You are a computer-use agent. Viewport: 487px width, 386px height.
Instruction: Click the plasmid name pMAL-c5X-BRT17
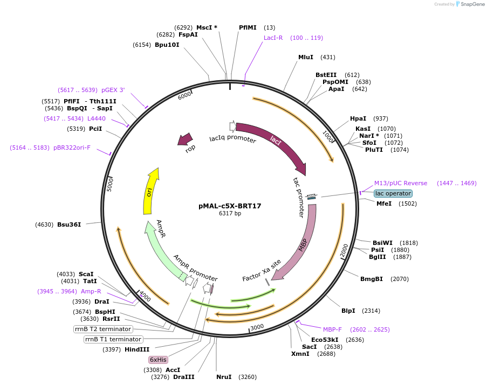230,206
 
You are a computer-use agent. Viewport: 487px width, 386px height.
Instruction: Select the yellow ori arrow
151,191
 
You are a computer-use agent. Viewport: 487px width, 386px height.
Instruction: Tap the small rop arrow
186,140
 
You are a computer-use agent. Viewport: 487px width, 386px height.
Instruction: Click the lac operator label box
393,193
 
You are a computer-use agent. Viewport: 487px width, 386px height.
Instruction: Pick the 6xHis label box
158,360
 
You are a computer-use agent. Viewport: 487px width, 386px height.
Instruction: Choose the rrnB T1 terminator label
113,339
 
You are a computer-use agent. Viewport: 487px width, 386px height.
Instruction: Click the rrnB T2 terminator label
102,329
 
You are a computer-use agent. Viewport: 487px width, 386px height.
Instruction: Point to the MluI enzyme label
306,57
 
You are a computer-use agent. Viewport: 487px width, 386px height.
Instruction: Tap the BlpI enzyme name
348,311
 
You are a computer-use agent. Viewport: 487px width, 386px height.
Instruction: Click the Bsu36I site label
69,224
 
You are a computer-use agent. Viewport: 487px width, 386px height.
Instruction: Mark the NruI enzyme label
224,377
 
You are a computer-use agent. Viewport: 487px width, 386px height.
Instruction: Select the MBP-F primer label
332,329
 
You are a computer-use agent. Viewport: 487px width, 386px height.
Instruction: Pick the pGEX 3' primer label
113,90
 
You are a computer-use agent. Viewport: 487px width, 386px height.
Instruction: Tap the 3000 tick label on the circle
257,327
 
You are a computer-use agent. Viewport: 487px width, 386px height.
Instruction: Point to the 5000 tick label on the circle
109,184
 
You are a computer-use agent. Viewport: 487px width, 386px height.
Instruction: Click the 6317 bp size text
230,214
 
